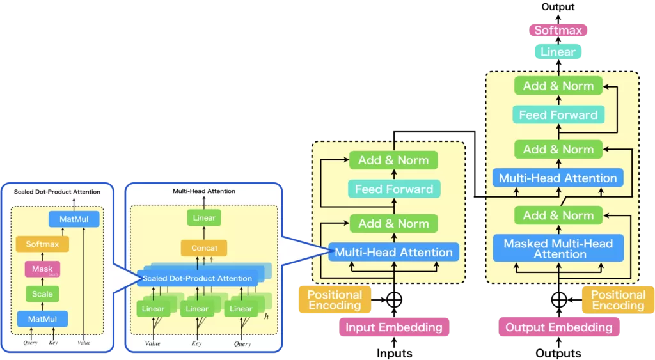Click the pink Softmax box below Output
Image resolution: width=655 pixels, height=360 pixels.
click(x=558, y=29)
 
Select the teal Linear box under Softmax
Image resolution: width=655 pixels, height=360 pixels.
click(x=558, y=52)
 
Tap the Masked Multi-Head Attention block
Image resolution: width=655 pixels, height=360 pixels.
click(x=558, y=249)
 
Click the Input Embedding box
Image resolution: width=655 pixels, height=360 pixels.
click(x=394, y=327)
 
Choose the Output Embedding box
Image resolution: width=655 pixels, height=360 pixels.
click(x=558, y=327)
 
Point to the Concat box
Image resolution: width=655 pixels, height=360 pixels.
click(x=203, y=247)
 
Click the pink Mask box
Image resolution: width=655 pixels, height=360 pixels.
click(x=42, y=269)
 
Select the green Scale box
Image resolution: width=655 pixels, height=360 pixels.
click(x=42, y=294)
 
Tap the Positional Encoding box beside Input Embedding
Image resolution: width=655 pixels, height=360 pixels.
click(x=335, y=300)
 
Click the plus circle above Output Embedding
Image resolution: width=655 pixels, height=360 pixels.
click(x=559, y=300)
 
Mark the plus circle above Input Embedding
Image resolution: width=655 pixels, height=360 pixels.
click(x=394, y=300)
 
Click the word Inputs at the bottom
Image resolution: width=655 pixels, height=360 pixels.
click(x=394, y=353)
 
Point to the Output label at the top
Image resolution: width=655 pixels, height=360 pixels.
click(x=558, y=7)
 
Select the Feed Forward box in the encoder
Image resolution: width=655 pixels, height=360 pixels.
click(x=394, y=189)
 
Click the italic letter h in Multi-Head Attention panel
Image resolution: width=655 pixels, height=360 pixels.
click(x=266, y=317)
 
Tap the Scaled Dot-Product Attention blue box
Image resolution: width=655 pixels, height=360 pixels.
click(x=197, y=278)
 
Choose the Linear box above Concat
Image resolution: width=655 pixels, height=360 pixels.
click(x=203, y=218)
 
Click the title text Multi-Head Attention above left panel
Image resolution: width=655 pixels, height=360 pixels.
click(x=203, y=191)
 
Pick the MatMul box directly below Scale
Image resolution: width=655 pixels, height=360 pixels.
click(x=42, y=318)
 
